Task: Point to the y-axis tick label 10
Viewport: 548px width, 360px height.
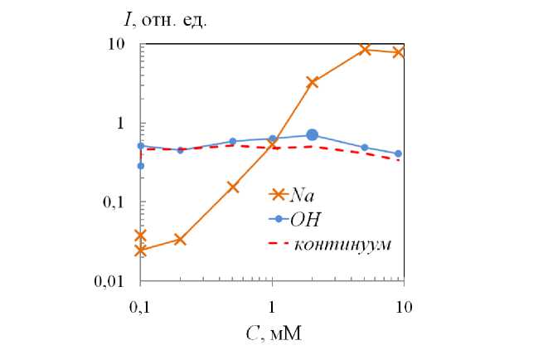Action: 124,44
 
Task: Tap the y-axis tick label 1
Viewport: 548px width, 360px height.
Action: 128,123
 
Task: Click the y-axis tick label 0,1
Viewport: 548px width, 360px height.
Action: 120,202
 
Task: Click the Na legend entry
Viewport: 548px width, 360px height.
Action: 300,195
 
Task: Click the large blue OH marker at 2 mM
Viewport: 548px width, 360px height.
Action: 313,134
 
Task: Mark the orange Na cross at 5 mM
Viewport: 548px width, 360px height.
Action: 364,49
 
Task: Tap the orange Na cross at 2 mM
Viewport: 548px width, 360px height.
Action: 313,82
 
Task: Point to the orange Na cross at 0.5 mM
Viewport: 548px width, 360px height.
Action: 233,187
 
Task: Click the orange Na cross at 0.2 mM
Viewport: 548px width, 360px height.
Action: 180,240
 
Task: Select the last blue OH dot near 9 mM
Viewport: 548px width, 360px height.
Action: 399,153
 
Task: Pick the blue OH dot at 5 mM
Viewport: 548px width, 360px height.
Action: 364,148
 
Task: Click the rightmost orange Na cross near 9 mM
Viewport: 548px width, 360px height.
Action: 399,52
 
